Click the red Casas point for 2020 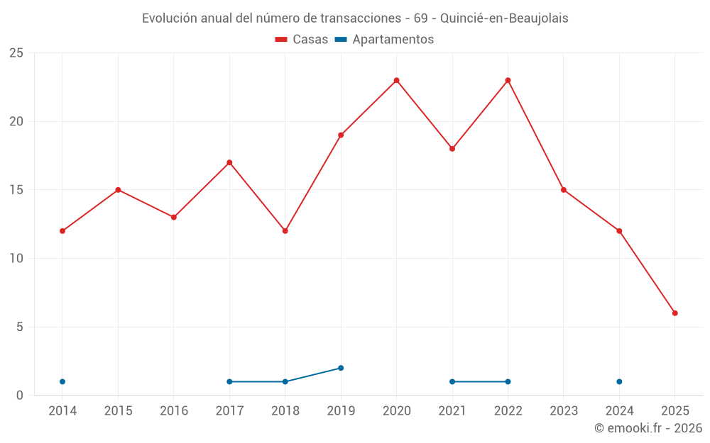tap(396, 80)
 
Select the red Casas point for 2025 tap(674, 313)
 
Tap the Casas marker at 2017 tap(229, 162)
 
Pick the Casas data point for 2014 tap(62, 231)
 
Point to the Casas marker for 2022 tap(508, 80)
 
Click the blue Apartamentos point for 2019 tap(341, 368)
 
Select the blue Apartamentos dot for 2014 tap(62, 381)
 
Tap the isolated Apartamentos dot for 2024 tap(619, 381)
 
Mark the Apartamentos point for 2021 tap(452, 381)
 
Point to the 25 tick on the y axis tap(16, 53)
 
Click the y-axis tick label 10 tap(16, 259)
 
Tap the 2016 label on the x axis tap(174, 411)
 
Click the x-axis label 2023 tap(564, 411)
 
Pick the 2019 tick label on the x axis tap(341, 411)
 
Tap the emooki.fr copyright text tap(648, 428)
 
